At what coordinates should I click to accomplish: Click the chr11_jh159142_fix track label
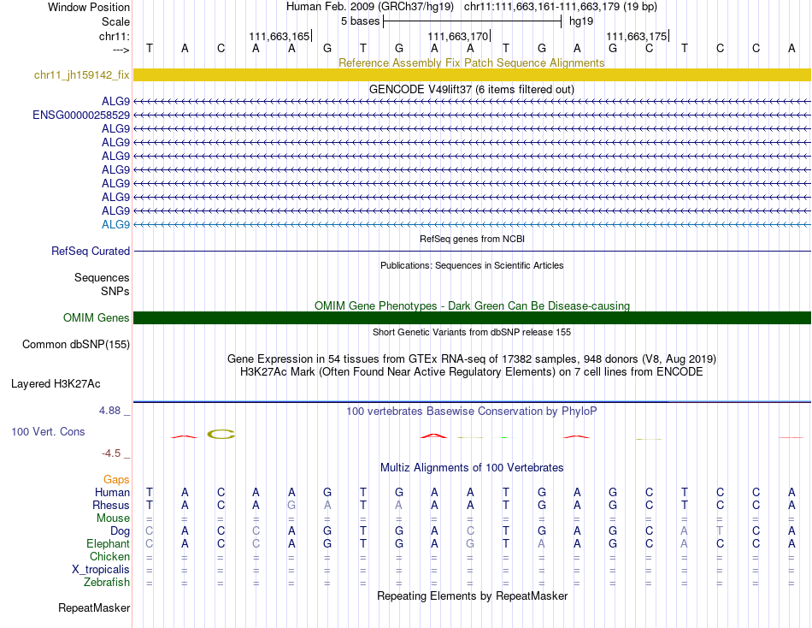[x=81, y=75]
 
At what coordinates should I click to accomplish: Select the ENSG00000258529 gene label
[x=81, y=115]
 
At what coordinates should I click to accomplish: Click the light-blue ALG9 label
[x=115, y=224]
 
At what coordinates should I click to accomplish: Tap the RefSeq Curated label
[x=91, y=252]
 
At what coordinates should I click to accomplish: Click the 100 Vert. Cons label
[x=48, y=432]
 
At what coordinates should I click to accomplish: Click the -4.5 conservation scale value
[x=115, y=453]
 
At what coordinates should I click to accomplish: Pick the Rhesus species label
[x=111, y=506]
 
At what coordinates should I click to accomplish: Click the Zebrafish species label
[x=107, y=583]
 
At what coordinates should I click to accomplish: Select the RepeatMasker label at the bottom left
[x=94, y=608]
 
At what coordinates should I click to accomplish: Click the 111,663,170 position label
[x=457, y=36]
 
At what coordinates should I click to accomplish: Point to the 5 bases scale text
[x=360, y=21]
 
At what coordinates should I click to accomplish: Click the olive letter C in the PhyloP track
[x=221, y=434]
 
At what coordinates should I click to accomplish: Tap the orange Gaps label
[x=116, y=480]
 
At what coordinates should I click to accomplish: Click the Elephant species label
[x=108, y=544]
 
